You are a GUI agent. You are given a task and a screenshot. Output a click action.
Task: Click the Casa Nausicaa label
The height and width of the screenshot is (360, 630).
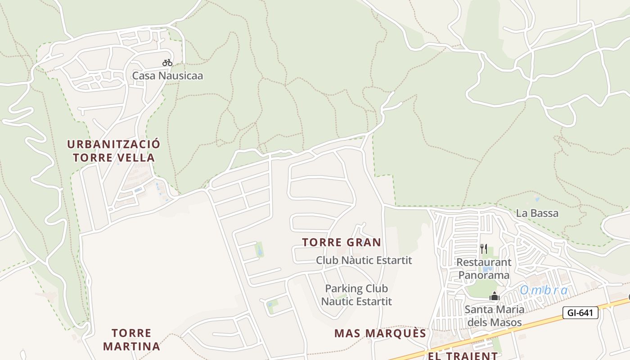(x=167, y=76)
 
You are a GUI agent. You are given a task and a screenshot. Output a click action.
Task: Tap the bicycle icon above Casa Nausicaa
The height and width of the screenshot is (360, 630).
(x=167, y=63)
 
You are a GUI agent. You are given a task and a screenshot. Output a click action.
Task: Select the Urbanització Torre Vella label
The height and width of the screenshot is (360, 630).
(x=113, y=151)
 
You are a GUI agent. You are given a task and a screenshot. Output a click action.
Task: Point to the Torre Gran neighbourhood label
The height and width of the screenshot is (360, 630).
(x=342, y=242)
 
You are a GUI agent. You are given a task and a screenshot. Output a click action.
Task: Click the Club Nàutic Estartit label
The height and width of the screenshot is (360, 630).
(x=364, y=260)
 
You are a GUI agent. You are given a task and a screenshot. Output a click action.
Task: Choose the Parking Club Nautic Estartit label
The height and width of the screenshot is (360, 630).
(x=356, y=295)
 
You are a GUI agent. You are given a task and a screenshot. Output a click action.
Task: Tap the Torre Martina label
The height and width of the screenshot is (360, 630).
(x=131, y=340)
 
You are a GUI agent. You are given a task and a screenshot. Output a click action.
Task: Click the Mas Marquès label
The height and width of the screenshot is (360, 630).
(x=380, y=333)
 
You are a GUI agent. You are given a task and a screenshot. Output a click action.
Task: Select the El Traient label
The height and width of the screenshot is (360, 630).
(x=463, y=356)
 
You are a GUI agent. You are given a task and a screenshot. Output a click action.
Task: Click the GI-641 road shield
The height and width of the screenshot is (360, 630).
(x=580, y=313)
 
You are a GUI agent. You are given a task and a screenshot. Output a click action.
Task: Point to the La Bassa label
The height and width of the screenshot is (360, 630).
(x=537, y=213)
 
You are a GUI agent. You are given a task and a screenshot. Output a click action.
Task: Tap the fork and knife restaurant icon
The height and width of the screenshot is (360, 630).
(x=484, y=248)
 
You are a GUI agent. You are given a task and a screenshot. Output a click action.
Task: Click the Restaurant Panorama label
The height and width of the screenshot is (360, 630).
(x=484, y=268)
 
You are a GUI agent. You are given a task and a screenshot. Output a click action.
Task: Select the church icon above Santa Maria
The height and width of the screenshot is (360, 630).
(x=495, y=297)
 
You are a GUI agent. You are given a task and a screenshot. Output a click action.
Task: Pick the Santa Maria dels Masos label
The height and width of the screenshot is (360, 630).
(x=495, y=316)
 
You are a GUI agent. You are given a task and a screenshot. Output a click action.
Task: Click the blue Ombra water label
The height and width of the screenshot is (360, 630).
(x=544, y=290)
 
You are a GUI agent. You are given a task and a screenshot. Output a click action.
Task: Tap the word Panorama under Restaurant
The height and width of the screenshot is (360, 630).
(x=484, y=275)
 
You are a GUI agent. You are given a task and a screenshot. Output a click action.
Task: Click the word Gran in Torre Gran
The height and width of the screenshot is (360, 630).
(x=364, y=242)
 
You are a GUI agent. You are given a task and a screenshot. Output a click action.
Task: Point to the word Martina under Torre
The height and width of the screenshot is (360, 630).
(x=131, y=346)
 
